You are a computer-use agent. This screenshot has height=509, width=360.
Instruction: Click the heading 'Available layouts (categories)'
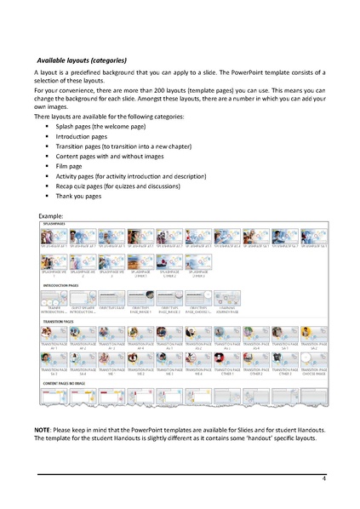click(x=82, y=60)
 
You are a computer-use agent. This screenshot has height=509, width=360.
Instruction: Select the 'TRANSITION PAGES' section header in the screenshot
click(x=57, y=322)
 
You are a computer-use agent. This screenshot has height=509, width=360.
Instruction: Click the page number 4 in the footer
click(x=324, y=480)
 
